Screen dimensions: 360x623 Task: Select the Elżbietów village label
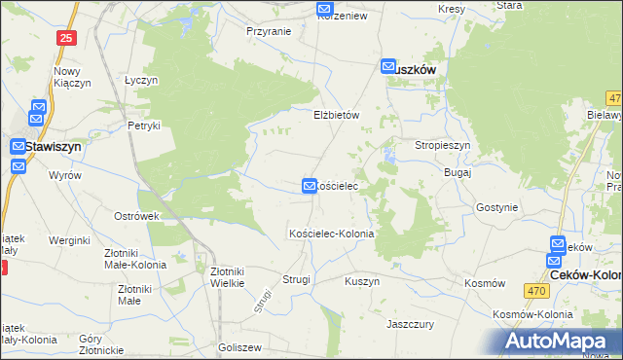(337, 115)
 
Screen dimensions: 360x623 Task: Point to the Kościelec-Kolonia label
(331, 234)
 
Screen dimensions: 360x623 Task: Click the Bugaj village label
(457, 172)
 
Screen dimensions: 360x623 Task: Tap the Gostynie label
(496, 207)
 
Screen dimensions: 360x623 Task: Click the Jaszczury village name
(409, 323)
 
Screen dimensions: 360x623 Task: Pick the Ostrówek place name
(136, 215)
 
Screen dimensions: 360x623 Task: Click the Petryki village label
(143, 126)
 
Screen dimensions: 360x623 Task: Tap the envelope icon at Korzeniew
(325, 10)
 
